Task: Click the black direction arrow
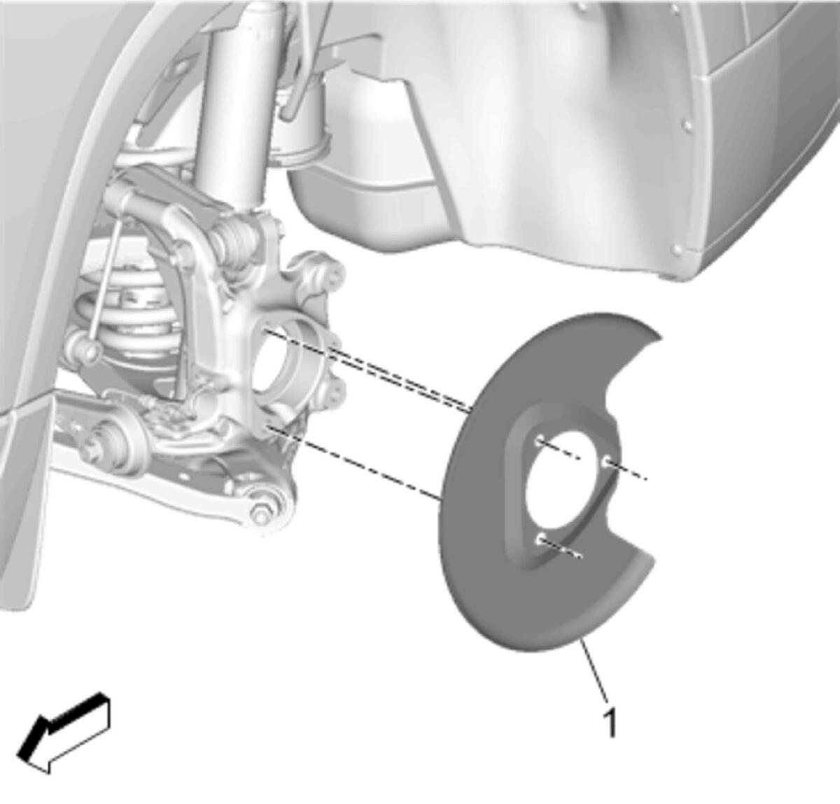[x=64, y=732]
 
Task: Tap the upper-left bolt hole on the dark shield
[x=540, y=442]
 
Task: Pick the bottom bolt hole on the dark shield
[x=541, y=539]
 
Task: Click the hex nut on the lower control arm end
[x=260, y=516]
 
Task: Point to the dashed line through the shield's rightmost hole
[x=626, y=471]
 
